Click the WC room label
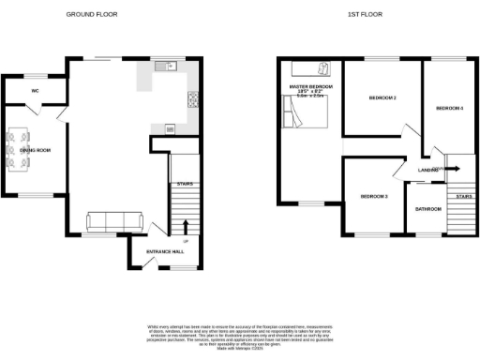tap(35, 91)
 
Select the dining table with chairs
tap(20, 150)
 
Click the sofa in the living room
tap(113, 221)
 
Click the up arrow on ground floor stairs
tap(185, 226)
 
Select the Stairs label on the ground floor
tap(185, 184)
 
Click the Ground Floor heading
tap(92, 15)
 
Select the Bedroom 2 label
tap(382, 97)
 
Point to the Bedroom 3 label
tap(373, 196)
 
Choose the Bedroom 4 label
tap(449, 109)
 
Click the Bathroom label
tap(428, 209)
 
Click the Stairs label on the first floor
tap(461, 197)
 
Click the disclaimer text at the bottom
tap(239, 336)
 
